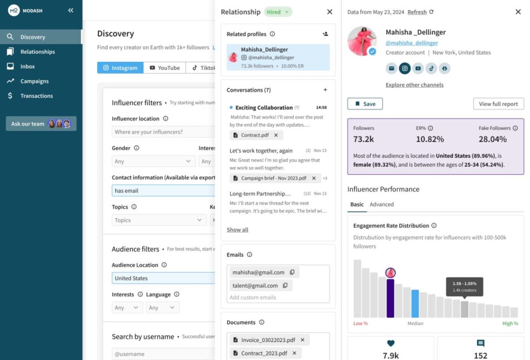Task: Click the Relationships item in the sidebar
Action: pyautogui.click(x=37, y=52)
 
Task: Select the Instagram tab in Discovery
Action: pyautogui.click(x=120, y=68)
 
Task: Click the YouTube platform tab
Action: pyautogui.click(x=165, y=68)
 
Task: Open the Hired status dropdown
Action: pyautogui.click(x=278, y=12)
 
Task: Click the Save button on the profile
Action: pyautogui.click(x=365, y=104)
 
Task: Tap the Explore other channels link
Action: pyautogui.click(x=414, y=85)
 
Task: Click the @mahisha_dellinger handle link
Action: pyautogui.click(x=411, y=43)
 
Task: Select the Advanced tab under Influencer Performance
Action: pyautogui.click(x=381, y=204)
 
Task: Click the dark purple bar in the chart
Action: pyautogui.click(x=391, y=298)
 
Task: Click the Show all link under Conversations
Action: pyautogui.click(x=237, y=230)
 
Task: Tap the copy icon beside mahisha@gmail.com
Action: pyautogui.click(x=292, y=272)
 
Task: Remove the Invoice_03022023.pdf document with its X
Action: pyautogui.click(x=303, y=340)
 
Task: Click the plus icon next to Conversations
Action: pyautogui.click(x=325, y=90)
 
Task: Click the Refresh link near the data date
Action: pyautogui.click(x=417, y=12)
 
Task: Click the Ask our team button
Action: pyautogui.click(x=41, y=124)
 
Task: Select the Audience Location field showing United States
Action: pyautogui.click(x=163, y=278)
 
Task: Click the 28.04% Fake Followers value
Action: pyautogui.click(x=492, y=139)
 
